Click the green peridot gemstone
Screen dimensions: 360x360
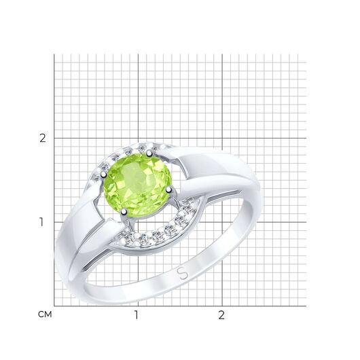point(137,185)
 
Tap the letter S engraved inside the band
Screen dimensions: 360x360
point(183,273)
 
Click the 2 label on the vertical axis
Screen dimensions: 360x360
point(43,138)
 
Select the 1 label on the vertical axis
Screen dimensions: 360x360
point(41,222)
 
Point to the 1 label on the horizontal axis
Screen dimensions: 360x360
point(137,315)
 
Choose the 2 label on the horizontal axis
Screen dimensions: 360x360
point(221,315)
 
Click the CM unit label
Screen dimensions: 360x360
point(45,314)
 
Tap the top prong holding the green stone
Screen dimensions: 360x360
point(149,153)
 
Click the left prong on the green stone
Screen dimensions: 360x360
point(104,175)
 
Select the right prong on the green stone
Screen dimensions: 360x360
point(168,190)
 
